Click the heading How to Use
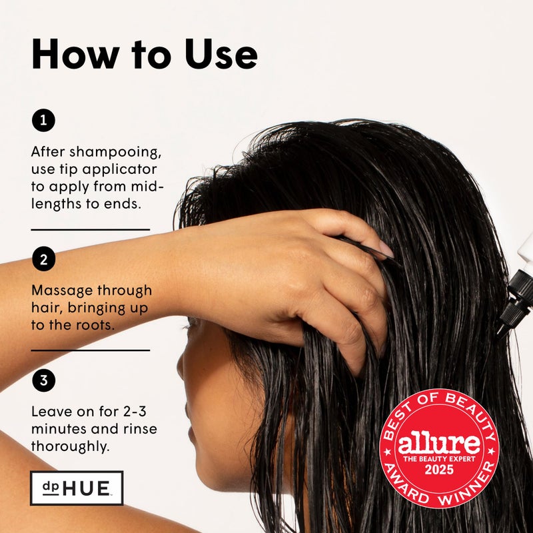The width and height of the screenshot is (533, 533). click(144, 55)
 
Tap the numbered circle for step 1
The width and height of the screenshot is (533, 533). click(43, 121)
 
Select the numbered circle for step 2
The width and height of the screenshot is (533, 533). click(43, 259)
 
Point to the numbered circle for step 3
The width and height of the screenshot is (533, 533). click(43, 381)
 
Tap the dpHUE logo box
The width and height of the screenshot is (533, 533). click(77, 488)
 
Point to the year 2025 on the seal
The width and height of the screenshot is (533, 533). click(439, 470)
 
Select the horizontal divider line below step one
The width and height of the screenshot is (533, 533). click(91, 229)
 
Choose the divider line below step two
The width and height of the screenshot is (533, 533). click(91, 350)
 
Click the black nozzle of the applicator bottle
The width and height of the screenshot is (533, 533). click(516, 300)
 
